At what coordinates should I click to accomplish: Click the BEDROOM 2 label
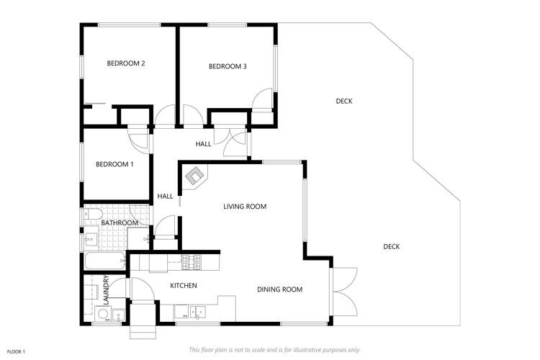pos(126,63)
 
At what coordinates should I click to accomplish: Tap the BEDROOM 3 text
pos(228,67)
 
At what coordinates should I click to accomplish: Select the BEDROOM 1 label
pos(114,165)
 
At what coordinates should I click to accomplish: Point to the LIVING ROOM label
pos(245,207)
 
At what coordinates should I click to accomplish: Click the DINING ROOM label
pos(279,289)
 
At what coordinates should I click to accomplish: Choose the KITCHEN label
pos(183,286)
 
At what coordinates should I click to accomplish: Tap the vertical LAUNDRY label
pos(105,289)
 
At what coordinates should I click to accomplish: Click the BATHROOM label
pos(119,223)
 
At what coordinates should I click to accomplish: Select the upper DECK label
pos(344,102)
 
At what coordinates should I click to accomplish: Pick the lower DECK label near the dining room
pos(391,247)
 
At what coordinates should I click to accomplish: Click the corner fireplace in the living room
pos(195,176)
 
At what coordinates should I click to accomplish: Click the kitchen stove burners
pos(192,262)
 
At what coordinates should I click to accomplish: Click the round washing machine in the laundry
pos(99,313)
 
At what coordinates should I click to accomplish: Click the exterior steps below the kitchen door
pos(142,330)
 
